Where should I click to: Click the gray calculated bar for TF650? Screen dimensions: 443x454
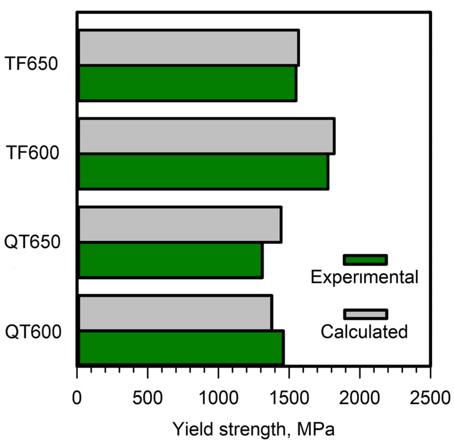pos(188,48)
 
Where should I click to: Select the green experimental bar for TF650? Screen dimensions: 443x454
pos(187,83)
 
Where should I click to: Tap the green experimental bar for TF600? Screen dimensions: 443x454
pos(203,172)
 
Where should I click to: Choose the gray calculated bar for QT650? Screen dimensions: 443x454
pos(180,224)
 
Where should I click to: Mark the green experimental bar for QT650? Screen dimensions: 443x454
pos(170,260)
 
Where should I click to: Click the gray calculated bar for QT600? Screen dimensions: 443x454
pos(175,313)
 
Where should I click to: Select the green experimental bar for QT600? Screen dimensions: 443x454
pos(181,347)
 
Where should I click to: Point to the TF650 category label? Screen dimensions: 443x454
pos(31,63)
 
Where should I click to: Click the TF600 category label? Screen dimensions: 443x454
pos(33,152)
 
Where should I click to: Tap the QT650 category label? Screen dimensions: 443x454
pos(32,242)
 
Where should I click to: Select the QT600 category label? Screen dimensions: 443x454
pos(33,331)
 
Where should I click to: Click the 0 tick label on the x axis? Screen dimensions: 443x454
pos(77,398)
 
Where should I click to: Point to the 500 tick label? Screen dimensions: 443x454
pos(147,398)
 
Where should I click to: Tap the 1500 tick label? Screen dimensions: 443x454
pos(289,398)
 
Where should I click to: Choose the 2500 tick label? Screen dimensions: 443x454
pos(430,398)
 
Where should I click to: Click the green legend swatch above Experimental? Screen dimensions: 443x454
pos(365,260)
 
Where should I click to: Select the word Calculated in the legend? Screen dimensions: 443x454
pos(364,331)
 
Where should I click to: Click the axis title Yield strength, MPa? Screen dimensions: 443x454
pos(254,429)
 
